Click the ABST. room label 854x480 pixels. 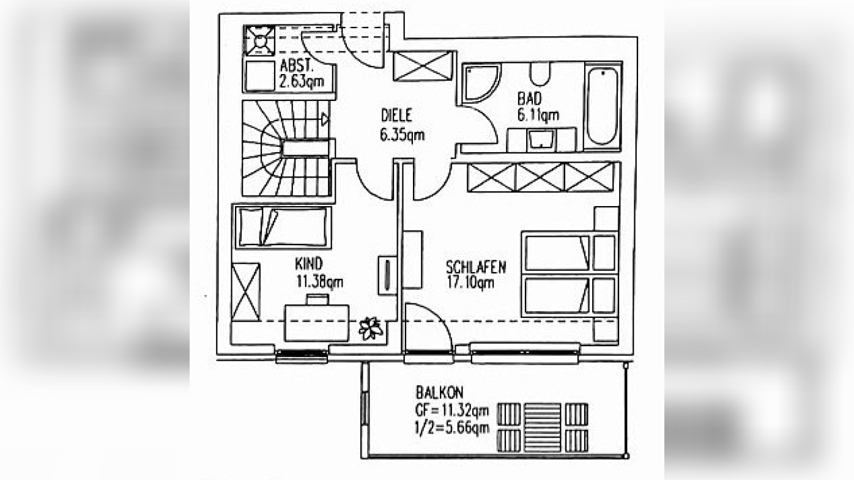pyautogui.click(x=297, y=65)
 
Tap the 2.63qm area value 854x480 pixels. pyautogui.click(x=302, y=81)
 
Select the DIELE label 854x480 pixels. pyautogui.click(x=396, y=116)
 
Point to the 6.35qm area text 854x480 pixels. pyautogui.click(x=402, y=135)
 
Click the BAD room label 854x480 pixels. pyautogui.click(x=530, y=98)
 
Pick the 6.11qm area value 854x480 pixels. pyautogui.click(x=538, y=115)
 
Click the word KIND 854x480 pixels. pyautogui.click(x=309, y=264)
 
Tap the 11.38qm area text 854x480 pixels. pyautogui.click(x=320, y=282)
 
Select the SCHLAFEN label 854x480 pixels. pyautogui.click(x=476, y=267)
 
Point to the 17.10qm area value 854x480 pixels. pyautogui.click(x=470, y=283)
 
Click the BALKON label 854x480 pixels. pyautogui.click(x=440, y=392)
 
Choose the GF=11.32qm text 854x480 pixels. pyautogui.click(x=452, y=410)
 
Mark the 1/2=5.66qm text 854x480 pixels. pyautogui.click(x=452, y=428)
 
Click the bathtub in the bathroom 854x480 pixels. pyautogui.click(x=603, y=106)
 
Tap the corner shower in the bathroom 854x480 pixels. pyautogui.click(x=481, y=84)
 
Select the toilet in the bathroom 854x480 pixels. pyautogui.click(x=540, y=74)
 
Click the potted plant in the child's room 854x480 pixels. pyautogui.click(x=371, y=328)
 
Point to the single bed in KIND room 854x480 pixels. pyautogui.click(x=283, y=227)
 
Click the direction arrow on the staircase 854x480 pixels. pyautogui.click(x=325, y=120)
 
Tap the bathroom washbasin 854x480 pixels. pyautogui.click(x=541, y=140)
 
